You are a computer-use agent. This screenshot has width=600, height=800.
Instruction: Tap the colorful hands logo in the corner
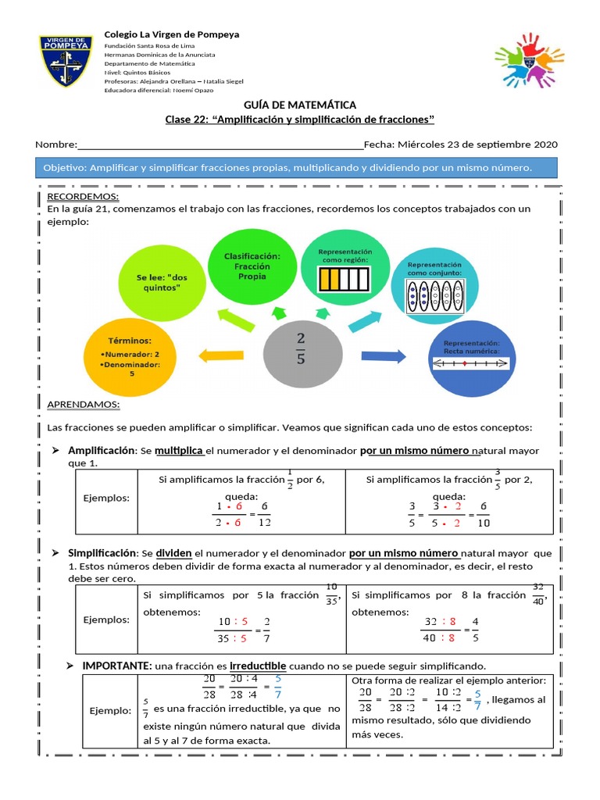[x=529, y=59]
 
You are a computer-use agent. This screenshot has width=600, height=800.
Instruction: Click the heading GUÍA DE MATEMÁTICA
[x=300, y=105]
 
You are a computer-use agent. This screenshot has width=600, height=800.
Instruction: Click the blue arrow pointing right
[x=382, y=355]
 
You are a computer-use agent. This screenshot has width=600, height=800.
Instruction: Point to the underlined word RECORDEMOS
[x=83, y=196]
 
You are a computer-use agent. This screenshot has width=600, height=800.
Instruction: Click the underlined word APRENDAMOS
[x=84, y=404]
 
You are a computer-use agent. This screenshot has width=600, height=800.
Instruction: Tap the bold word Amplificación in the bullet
[x=102, y=451]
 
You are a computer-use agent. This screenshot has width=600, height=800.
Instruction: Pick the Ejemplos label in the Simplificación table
[x=107, y=620]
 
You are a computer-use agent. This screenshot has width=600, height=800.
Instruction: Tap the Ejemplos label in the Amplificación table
[x=107, y=498]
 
